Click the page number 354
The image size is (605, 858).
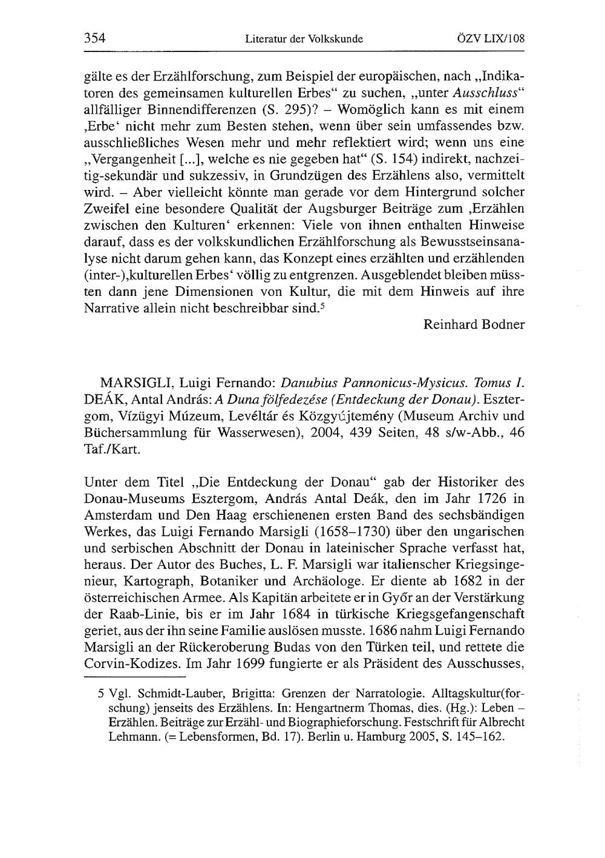point(95,39)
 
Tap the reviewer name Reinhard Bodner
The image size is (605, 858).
point(474,324)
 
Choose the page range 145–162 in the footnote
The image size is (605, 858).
point(482,738)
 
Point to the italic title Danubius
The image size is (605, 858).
point(309,382)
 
